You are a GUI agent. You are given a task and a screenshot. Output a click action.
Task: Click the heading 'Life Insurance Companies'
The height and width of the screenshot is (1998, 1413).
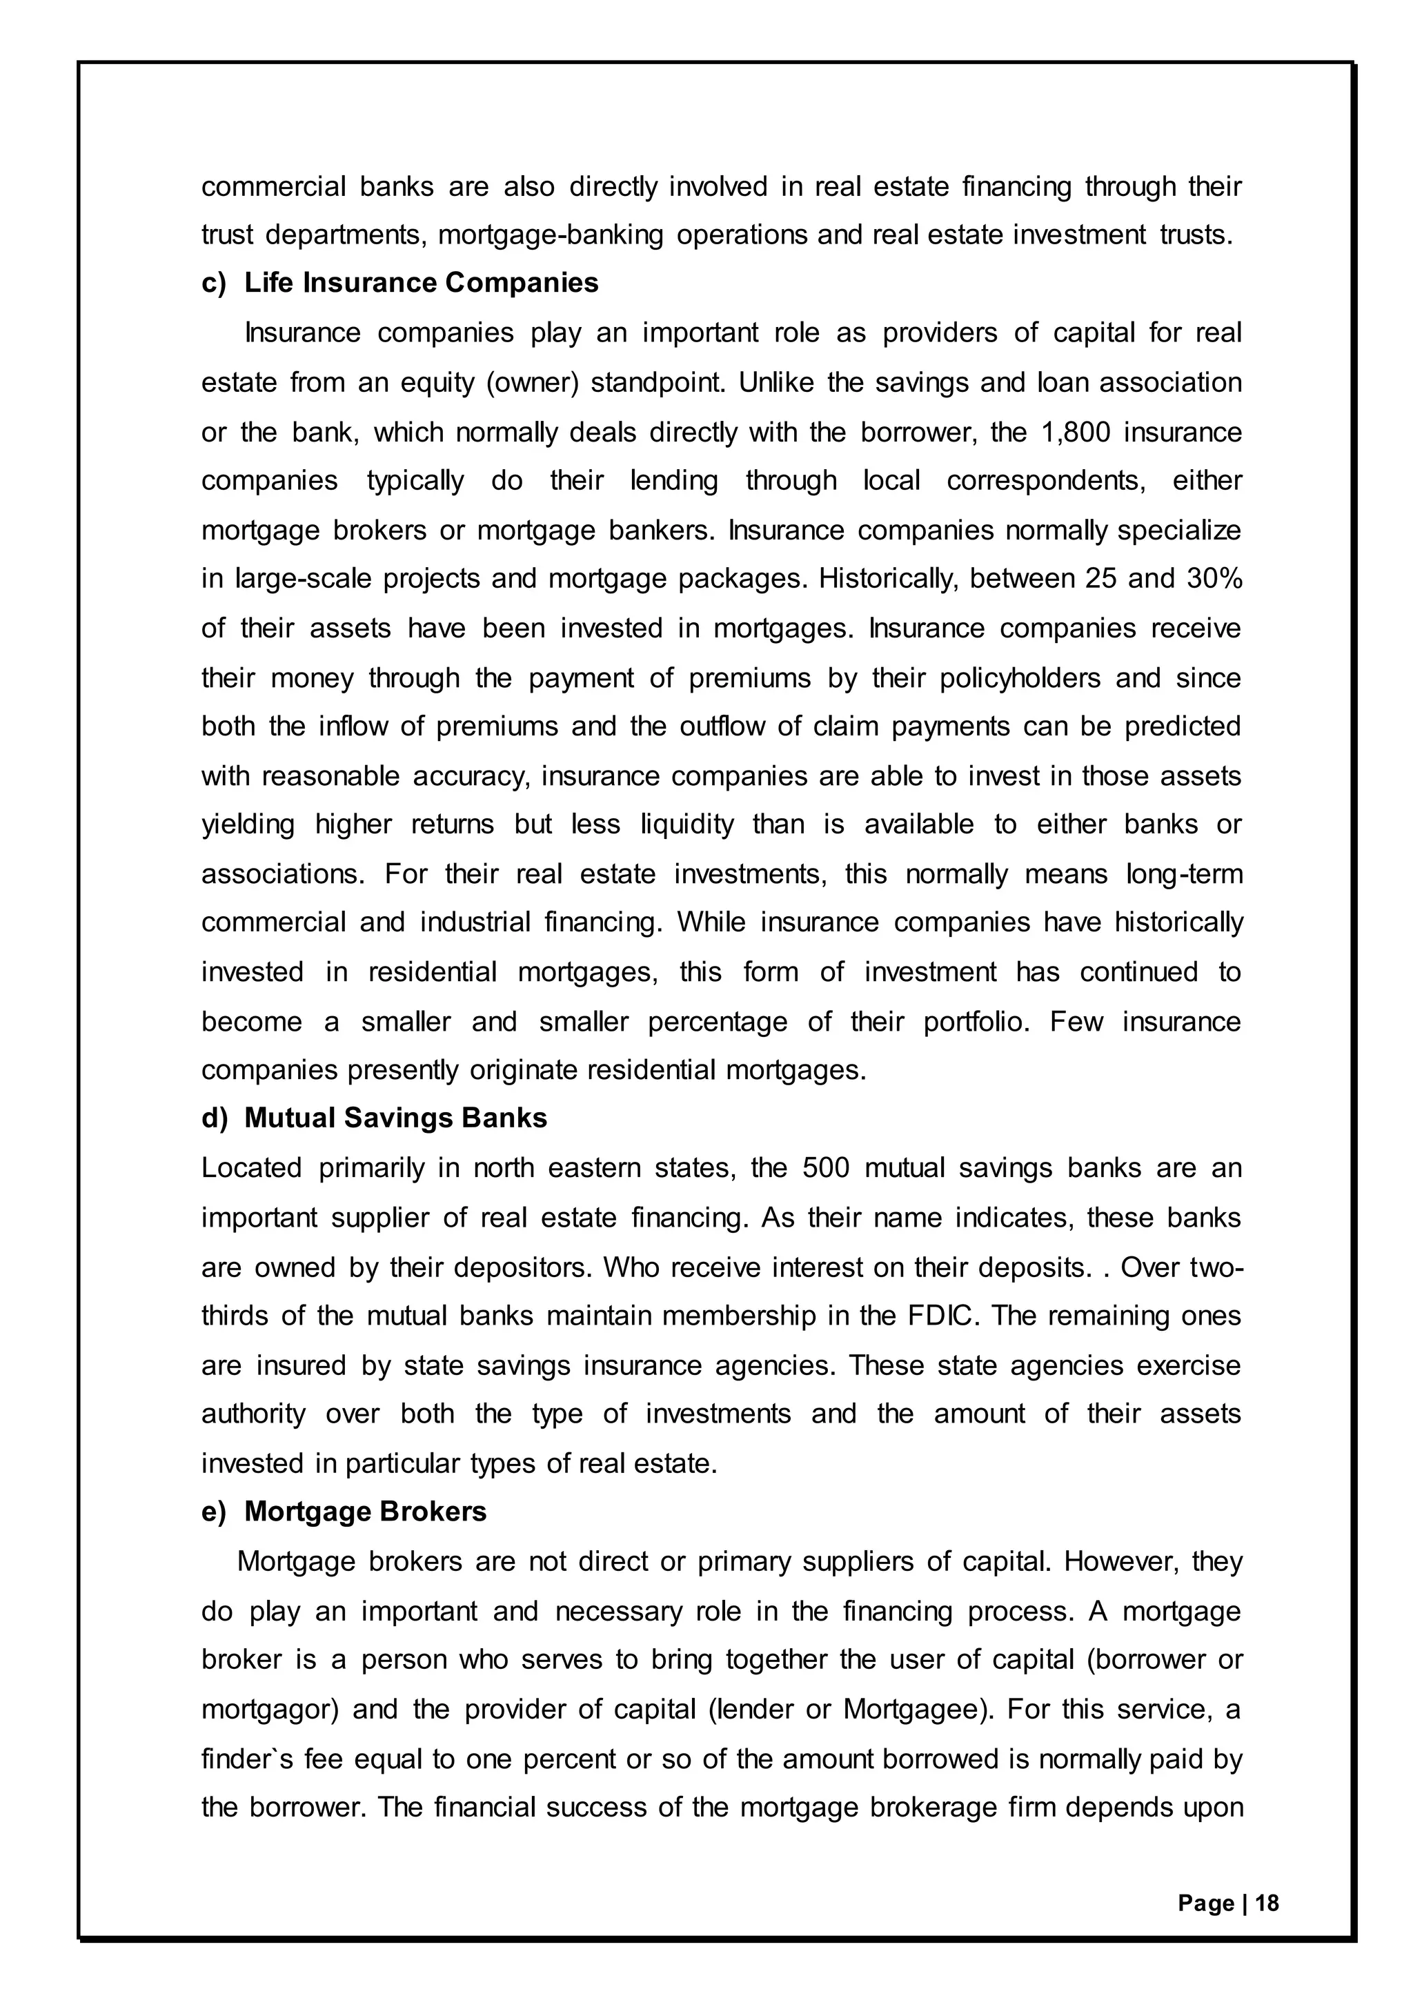[421, 283]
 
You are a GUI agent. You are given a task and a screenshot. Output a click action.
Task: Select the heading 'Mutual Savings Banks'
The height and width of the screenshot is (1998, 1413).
[395, 1118]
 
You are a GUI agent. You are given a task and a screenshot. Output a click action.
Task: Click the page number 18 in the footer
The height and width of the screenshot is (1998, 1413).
[1267, 1903]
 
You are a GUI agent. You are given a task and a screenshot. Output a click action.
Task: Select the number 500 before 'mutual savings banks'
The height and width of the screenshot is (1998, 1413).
[826, 1168]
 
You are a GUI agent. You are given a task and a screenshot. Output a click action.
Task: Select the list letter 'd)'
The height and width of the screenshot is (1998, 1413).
[214, 1118]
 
